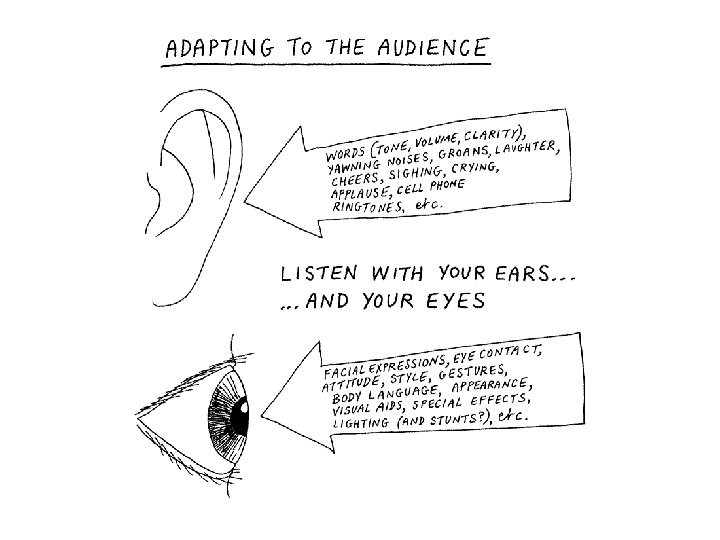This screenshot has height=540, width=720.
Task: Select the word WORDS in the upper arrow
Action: click(346, 156)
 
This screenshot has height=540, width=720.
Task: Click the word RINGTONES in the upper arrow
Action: click(361, 207)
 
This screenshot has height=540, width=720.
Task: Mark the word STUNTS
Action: click(454, 420)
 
